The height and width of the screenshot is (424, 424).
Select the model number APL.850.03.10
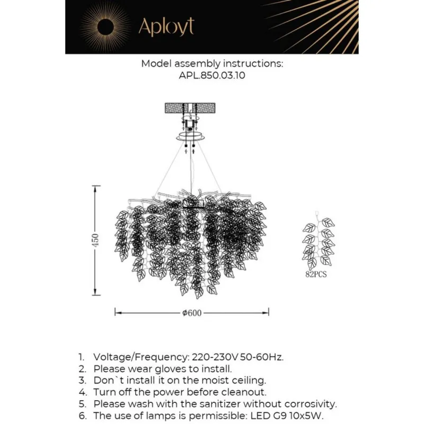(212, 75)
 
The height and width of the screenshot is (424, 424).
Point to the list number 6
(81, 416)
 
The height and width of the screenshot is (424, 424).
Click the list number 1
(81, 357)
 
